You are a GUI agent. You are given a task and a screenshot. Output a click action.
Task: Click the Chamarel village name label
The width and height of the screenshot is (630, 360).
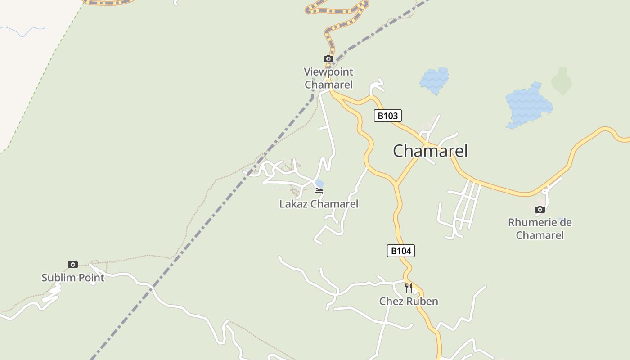(x=430, y=151)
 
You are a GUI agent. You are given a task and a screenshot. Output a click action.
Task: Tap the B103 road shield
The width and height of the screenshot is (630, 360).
(x=387, y=116)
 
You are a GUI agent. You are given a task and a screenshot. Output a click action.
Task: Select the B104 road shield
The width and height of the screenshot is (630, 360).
(x=400, y=251)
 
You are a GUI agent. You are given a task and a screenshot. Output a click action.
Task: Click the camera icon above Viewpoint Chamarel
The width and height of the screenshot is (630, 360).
(x=328, y=59)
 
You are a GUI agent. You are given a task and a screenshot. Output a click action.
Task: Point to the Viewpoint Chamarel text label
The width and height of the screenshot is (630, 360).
(x=328, y=78)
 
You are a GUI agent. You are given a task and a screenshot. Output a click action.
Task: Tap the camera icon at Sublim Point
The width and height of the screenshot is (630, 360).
(x=73, y=264)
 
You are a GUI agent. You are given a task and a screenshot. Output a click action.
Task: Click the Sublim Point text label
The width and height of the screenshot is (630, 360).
(x=73, y=278)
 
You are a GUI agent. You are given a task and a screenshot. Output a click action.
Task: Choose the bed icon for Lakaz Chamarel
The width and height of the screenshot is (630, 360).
(x=319, y=191)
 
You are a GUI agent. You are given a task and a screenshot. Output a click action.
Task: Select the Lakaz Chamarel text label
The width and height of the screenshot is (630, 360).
(x=319, y=204)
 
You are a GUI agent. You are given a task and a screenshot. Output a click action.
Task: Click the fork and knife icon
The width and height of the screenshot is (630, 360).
(x=408, y=287)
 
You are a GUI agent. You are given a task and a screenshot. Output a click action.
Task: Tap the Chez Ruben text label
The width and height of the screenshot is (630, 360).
(x=409, y=301)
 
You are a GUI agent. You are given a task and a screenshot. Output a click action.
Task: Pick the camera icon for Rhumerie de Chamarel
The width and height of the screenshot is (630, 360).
(x=540, y=209)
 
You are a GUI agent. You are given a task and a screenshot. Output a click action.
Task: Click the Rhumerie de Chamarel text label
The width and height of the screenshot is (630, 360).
(x=540, y=229)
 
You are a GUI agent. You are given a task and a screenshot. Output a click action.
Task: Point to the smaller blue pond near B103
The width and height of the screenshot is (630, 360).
(x=434, y=80)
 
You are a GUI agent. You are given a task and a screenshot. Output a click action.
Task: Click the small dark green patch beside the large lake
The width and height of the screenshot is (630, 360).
(x=562, y=81)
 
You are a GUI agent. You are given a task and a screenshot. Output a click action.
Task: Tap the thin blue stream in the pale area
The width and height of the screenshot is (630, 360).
(x=22, y=31)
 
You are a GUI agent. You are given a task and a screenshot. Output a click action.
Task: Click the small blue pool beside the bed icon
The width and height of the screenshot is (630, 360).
(x=319, y=183)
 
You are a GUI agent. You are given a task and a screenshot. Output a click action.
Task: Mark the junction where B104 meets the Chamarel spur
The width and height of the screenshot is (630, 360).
(x=396, y=184)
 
